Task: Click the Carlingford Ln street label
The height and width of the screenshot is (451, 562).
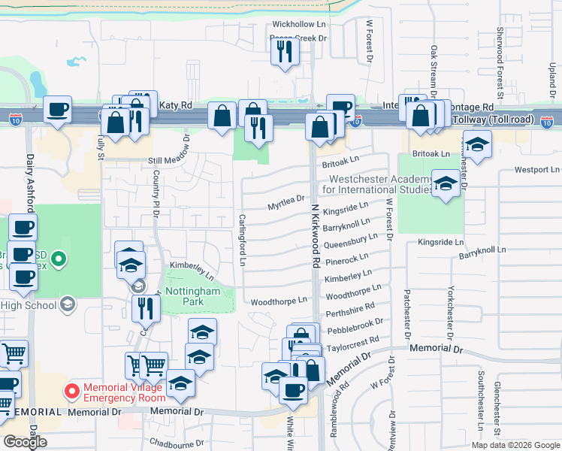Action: (x=243, y=241)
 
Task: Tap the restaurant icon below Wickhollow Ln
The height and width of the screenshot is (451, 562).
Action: (x=285, y=52)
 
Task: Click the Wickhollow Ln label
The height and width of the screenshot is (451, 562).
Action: (x=298, y=23)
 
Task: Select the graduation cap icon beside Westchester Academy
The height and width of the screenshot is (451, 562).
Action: (x=446, y=186)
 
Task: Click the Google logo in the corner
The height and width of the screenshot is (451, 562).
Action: (x=25, y=442)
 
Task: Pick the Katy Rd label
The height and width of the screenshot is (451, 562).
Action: (x=176, y=107)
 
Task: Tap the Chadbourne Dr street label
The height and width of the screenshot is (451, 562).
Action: (x=177, y=443)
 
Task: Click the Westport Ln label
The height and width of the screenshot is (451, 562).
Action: (x=536, y=170)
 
